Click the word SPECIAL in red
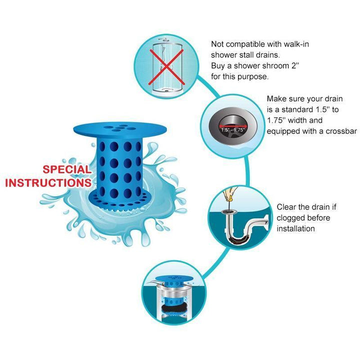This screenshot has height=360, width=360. pos(67,169)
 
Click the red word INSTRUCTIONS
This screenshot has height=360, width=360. pos(48,183)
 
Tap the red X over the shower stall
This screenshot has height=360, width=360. pos(166,67)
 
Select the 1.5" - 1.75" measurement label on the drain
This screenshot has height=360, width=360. pos(232,129)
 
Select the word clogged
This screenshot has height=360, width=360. pos(290,218)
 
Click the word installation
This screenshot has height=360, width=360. pos(295,228)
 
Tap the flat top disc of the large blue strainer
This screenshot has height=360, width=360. pos(120,129)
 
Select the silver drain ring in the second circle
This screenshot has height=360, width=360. pos(232,126)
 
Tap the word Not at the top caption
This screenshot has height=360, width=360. pos(217,44)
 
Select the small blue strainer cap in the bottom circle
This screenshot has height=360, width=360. pos(173,279)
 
